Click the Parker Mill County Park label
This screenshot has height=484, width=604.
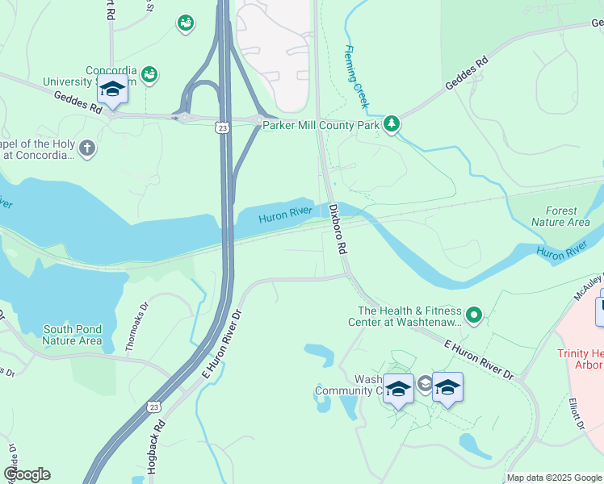[321, 123]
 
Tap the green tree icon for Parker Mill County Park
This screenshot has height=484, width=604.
[392, 123]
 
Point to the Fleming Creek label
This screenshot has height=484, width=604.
[357, 77]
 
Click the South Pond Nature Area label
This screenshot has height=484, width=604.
[73, 335]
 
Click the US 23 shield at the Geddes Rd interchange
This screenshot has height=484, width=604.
[222, 127]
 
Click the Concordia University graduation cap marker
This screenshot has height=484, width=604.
[112, 90]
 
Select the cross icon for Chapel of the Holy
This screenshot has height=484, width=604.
[87, 148]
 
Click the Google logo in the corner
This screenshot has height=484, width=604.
[27, 474]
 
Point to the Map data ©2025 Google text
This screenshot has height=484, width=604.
[554, 478]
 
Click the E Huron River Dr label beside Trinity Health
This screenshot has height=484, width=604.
[478, 360]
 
